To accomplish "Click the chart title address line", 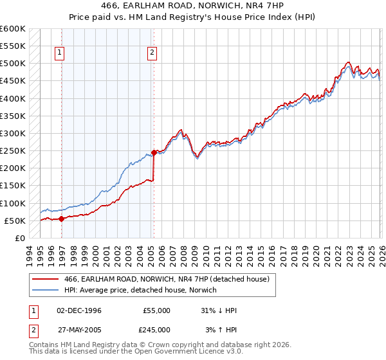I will point(192,6).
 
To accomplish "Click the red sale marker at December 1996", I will point(61,219).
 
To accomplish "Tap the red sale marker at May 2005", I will point(154,152).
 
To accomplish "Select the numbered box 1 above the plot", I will point(59,53).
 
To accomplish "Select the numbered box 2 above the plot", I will point(152,53).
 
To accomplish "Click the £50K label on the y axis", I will point(15,221).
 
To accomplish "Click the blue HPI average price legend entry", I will point(140,291).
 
